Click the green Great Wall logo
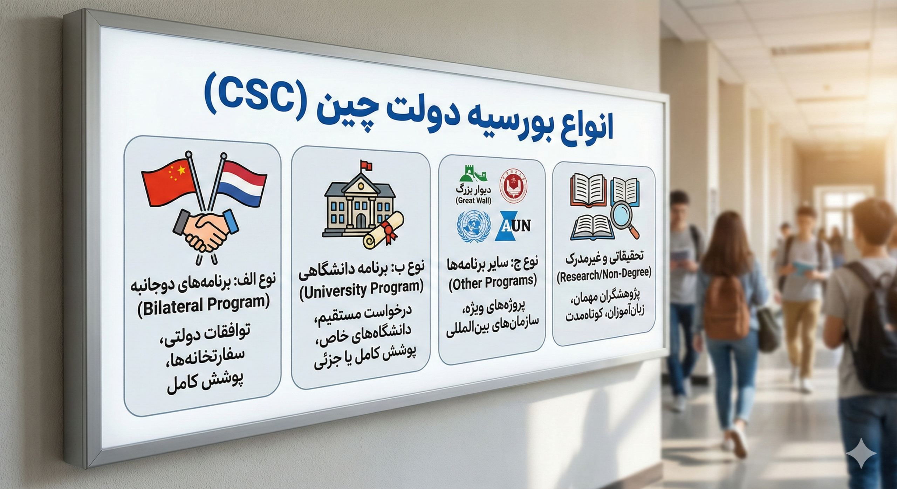tap(474, 177)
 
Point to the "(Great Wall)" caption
tap(473, 201)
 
